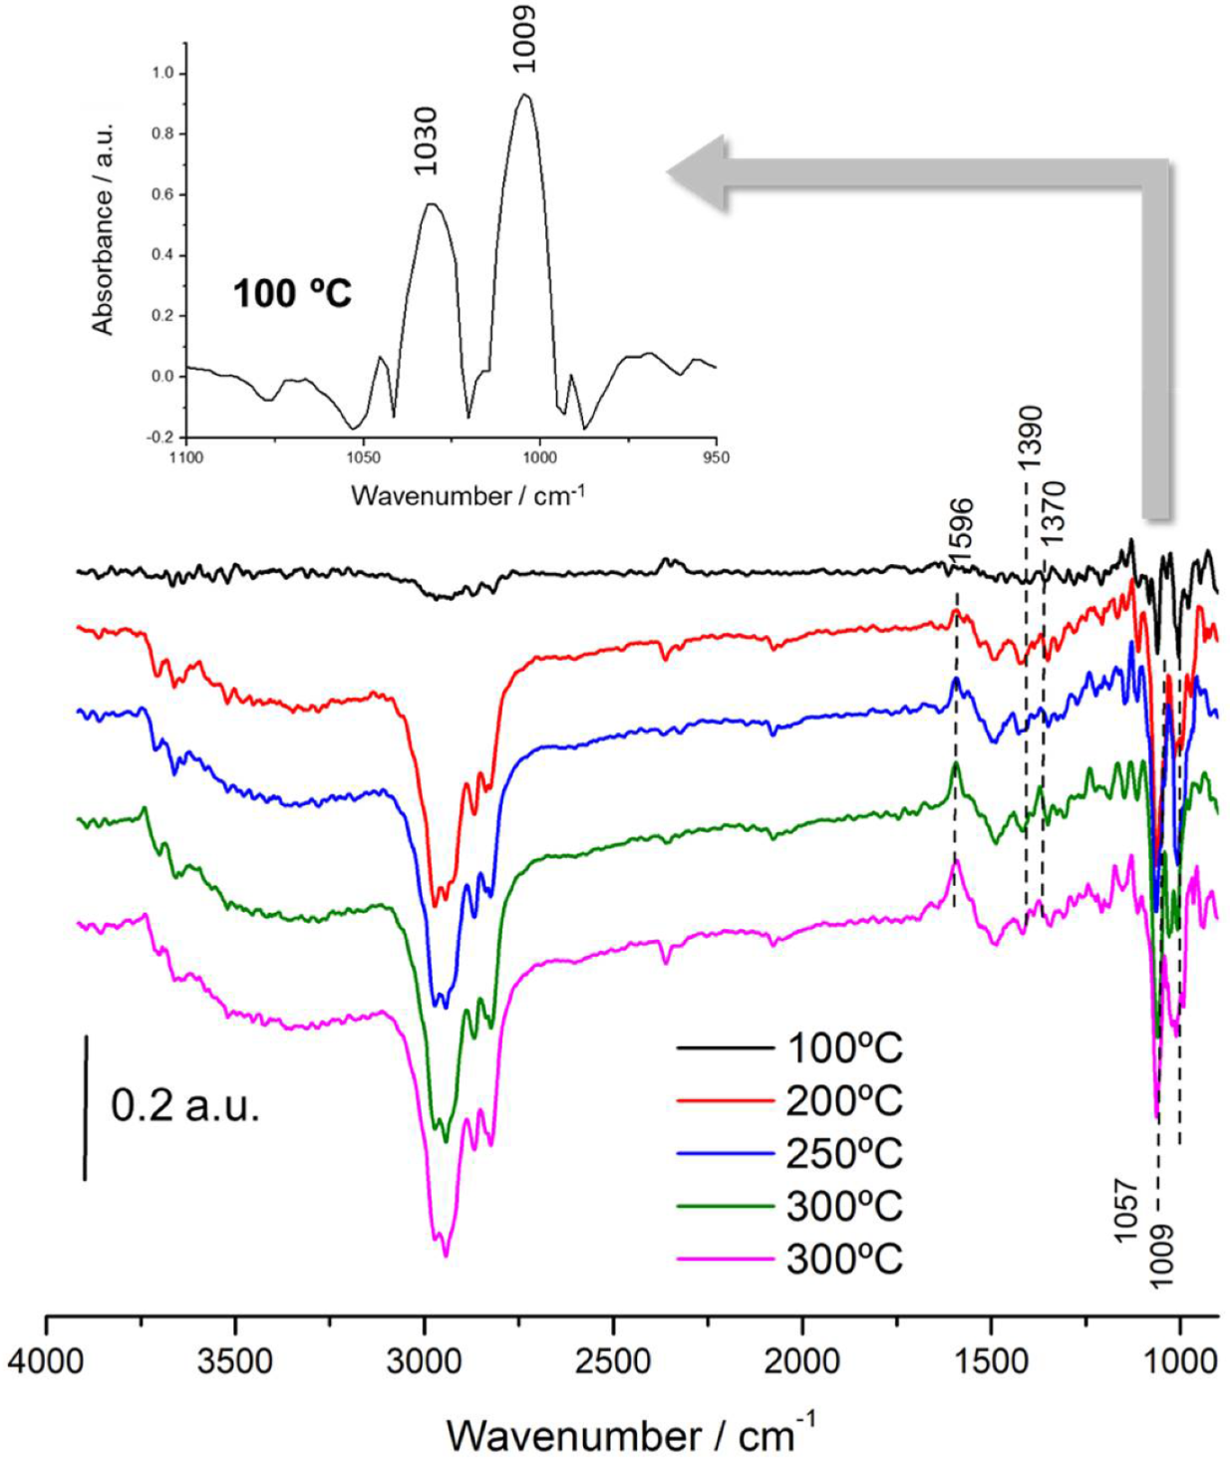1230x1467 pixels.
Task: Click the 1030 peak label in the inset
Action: (x=427, y=141)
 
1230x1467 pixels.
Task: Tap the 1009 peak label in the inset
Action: (x=524, y=39)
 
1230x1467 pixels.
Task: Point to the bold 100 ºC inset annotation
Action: (x=292, y=294)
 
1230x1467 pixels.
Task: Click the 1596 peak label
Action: (x=961, y=534)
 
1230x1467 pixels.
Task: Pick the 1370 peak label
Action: (x=1055, y=511)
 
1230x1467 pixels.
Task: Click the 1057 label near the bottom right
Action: (x=1125, y=1210)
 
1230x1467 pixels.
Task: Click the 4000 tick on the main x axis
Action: (x=46, y=1360)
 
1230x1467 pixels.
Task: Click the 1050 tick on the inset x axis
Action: (x=364, y=457)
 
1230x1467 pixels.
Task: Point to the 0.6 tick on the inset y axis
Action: (x=162, y=194)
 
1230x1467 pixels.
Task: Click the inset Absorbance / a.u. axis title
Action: (x=104, y=229)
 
